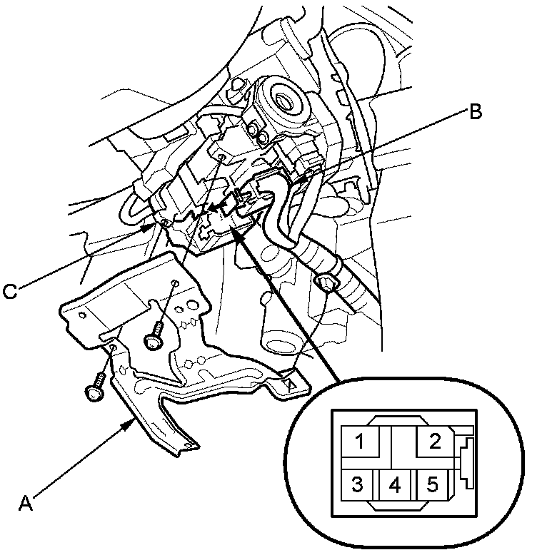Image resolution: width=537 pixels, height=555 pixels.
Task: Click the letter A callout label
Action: coord(26,502)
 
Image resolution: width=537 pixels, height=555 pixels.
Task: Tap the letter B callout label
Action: coord(476,111)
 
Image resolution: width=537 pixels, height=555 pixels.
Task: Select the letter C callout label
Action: coord(10,291)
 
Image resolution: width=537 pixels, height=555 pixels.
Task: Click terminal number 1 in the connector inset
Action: coord(361,443)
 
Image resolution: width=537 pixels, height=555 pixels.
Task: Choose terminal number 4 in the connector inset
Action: coord(395,486)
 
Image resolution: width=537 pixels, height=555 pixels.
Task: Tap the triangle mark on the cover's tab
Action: coord(291,383)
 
